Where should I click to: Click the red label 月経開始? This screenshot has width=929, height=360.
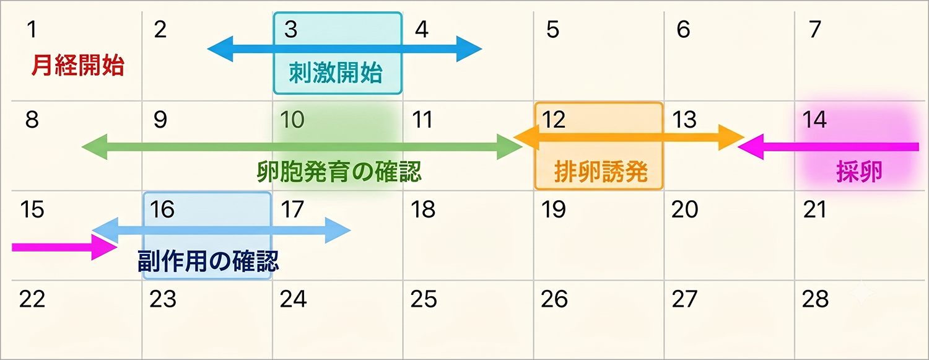coord(78,66)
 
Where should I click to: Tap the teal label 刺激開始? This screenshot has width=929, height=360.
coord(336,72)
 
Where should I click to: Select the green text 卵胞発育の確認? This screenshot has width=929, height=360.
coord(339,171)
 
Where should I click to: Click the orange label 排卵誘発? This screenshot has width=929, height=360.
coord(601,171)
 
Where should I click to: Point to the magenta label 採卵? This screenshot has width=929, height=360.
coord(859,171)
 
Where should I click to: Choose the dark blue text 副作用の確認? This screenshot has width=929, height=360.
coord(208,261)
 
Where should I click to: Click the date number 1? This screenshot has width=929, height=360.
coord(32,30)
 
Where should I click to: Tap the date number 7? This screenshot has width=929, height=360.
coord(815,30)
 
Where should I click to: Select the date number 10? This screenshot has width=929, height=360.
coord(292,120)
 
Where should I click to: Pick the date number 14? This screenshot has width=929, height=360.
coord(814,120)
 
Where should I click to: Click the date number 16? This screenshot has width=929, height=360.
coord(162,209)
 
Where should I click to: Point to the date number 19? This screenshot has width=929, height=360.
coord(554,209)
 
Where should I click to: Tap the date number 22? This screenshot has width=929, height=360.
coord(32,299)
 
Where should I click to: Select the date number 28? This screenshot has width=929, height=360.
coord(816,299)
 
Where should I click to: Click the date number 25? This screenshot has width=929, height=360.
coord(424,299)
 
